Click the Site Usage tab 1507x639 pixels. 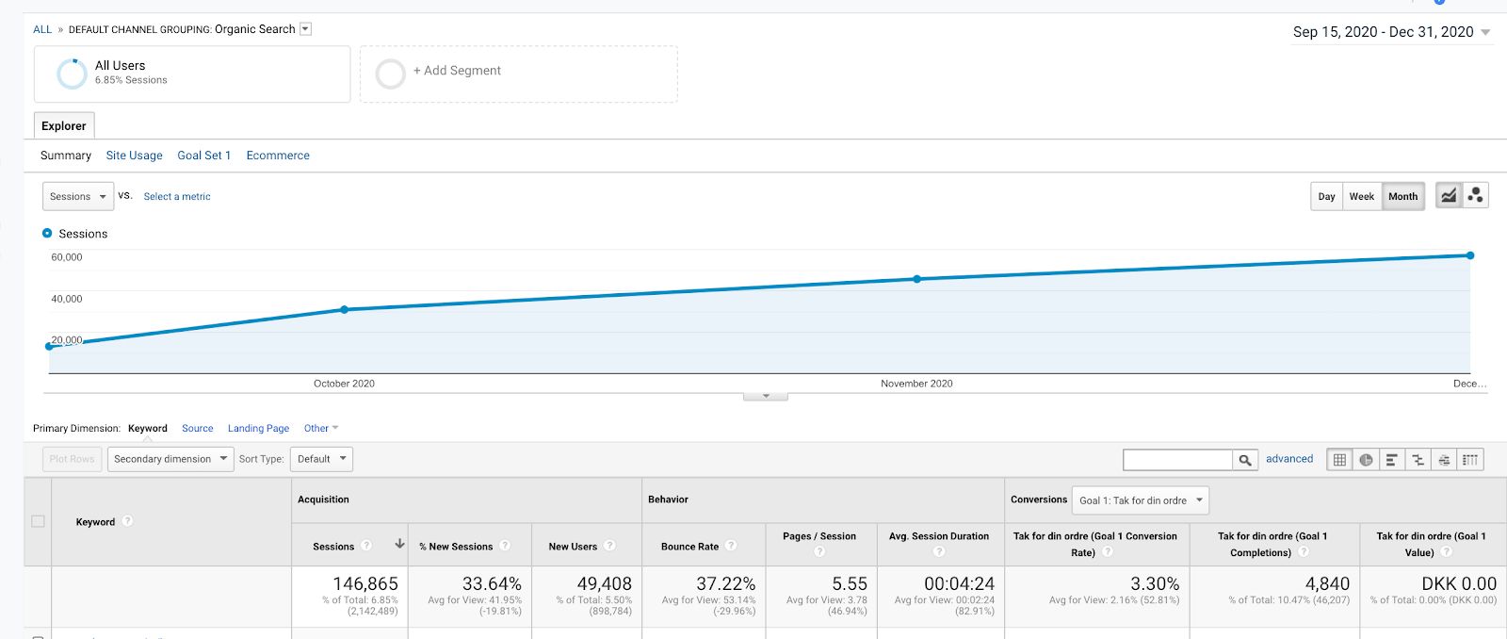pyautogui.click(x=134, y=156)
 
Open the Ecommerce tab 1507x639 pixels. pyautogui.click(x=278, y=156)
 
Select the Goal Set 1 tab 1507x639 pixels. pyautogui.click(x=203, y=156)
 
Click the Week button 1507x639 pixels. pyautogui.click(x=1362, y=197)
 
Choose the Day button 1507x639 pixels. pyautogui.click(x=1327, y=197)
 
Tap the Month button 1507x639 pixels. pyautogui.click(x=1402, y=197)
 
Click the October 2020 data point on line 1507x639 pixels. pyautogui.click(x=345, y=310)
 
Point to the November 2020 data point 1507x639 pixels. pyautogui.click(x=917, y=279)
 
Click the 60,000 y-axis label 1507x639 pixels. pyautogui.click(x=67, y=257)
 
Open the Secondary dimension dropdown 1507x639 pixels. pyautogui.click(x=170, y=459)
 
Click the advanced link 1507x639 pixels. pyautogui.click(x=1289, y=459)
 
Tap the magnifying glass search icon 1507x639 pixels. pyautogui.click(x=1244, y=460)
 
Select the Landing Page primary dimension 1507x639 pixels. pyautogui.click(x=258, y=428)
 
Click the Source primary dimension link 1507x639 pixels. pyautogui.click(x=197, y=428)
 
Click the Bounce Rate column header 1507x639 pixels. pyautogui.click(x=689, y=547)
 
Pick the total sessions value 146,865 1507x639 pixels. pyautogui.click(x=365, y=583)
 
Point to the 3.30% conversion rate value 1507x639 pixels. pyautogui.click(x=1155, y=583)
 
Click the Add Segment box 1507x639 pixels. pyautogui.click(x=519, y=74)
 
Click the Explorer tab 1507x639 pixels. pyautogui.click(x=64, y=126)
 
